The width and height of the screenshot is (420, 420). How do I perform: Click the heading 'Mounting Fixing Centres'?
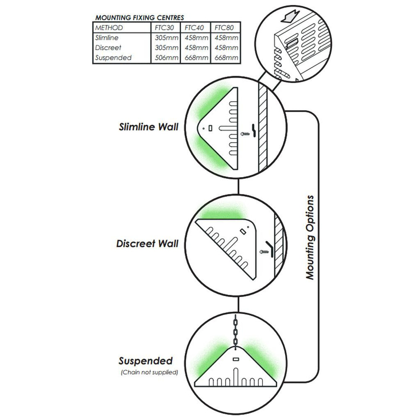point(139,18)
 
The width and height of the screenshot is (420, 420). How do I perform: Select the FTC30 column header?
point(165,28)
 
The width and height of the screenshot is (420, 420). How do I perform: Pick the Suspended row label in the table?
point(113,58)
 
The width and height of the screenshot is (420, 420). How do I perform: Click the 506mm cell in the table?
point(165,58)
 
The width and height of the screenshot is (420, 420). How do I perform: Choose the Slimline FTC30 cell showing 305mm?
point(165,38)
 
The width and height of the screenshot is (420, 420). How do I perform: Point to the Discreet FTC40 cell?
point(196,47)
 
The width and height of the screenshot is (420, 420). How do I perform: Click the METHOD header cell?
point(109,28)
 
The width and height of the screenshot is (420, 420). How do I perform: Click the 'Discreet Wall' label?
point(147,243)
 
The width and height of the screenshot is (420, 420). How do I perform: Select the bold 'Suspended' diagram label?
point(145,361)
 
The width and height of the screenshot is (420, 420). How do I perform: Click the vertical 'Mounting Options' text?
point(310,237)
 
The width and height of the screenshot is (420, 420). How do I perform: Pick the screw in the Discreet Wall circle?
point(264,252)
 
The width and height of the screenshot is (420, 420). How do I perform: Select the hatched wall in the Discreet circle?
point(278,244)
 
